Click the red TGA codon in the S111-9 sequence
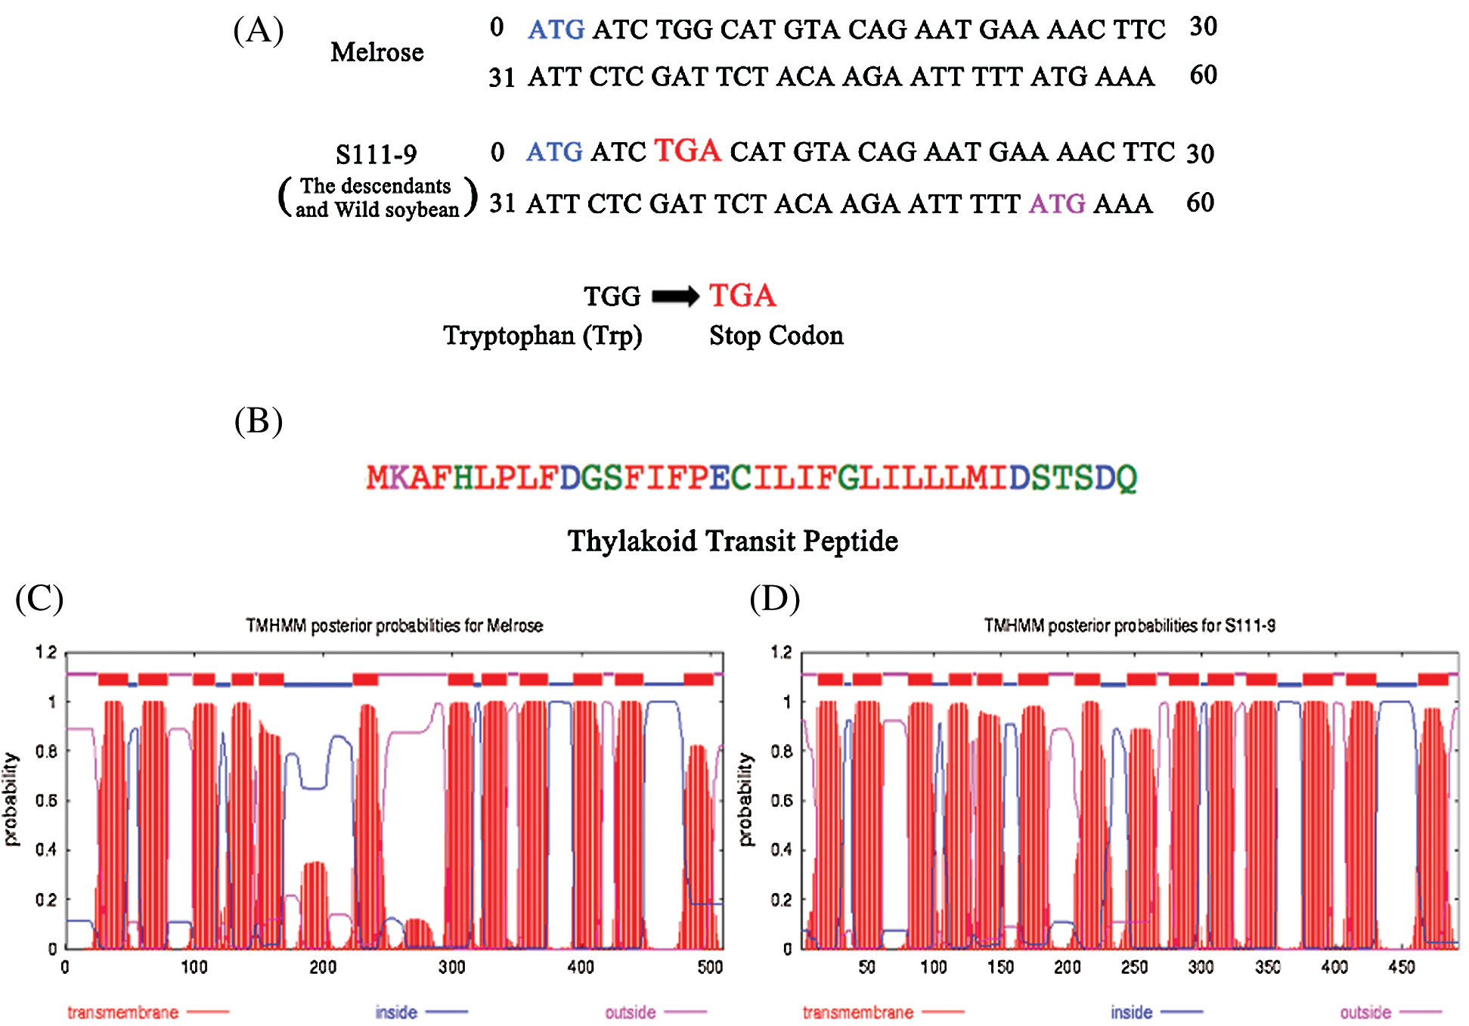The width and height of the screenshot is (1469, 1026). tap(687, 150)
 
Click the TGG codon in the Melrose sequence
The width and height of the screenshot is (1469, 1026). tap(684, 29)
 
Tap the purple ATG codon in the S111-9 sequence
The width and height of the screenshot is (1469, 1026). tap(1057, 203)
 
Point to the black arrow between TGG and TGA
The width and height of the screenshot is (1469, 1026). tap(675, 296)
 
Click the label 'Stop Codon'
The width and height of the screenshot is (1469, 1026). tap(776, 335)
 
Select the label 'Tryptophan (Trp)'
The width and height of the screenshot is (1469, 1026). tap(542, 335)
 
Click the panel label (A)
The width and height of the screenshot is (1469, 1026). tap(259, 31)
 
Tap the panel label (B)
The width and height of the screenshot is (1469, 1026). tap(259, 421)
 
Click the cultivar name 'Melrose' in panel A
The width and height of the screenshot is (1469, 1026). tap(377, 52)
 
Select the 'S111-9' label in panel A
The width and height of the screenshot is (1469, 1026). tap(376, 154)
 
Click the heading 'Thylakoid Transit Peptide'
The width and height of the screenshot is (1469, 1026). tap(733, 541)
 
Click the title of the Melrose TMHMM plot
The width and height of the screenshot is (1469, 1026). tap(394, 625)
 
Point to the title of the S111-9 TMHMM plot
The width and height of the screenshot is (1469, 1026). tap(1130, 625)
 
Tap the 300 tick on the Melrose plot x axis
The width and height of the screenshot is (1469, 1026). tap(452, 966)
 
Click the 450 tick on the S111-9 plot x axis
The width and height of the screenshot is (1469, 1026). tap(1401, 966)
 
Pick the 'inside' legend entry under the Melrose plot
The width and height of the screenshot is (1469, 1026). tap(396, 1012)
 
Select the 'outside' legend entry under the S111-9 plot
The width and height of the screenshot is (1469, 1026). tap(1365, 1012)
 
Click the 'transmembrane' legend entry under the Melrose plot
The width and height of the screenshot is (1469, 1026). tap(122, 1012)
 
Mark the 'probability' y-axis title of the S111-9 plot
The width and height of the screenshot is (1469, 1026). tap(745, 799)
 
